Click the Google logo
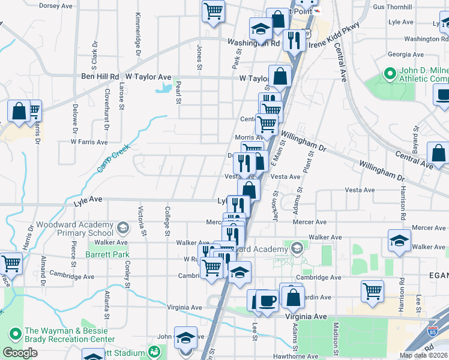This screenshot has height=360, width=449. [x=19, y=353]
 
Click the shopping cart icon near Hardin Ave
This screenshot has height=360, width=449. [x=372, y=292]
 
